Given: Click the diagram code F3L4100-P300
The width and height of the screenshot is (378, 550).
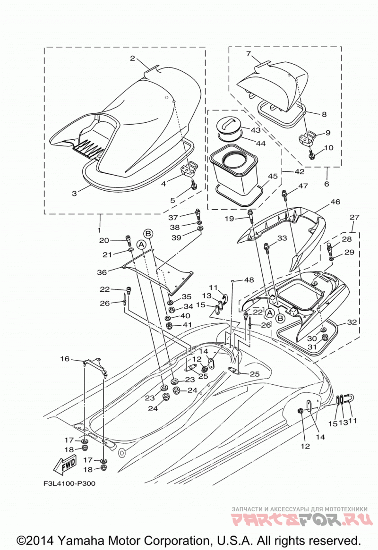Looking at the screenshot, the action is (x=69, y=483).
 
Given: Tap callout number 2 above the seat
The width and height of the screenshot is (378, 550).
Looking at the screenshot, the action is (x=132, y=58).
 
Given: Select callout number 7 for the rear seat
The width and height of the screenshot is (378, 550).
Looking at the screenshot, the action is (x=249, y=54).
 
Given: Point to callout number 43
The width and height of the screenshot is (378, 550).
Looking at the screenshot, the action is (x=256, y=130).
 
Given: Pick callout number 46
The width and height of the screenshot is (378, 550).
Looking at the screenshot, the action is (x=335, y=202).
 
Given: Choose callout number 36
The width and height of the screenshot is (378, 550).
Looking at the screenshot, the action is (x=102, y=272).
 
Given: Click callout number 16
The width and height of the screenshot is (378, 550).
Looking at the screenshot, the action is (x=65, y=358).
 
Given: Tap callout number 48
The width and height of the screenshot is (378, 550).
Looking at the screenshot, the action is (x=249, y=280).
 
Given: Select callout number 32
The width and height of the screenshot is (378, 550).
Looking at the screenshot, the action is (x=352, y=322).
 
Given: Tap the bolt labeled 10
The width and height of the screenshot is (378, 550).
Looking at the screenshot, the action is (x=311, y=154).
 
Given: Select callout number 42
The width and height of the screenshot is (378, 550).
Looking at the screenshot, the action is (x=299, y=171).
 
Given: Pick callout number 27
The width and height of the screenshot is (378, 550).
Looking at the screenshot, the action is (x=354, y=217).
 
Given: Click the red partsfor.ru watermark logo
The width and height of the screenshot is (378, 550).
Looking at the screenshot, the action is (x=301, y=519).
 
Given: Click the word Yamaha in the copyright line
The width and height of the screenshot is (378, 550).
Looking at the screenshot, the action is (x=81, y=540).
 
